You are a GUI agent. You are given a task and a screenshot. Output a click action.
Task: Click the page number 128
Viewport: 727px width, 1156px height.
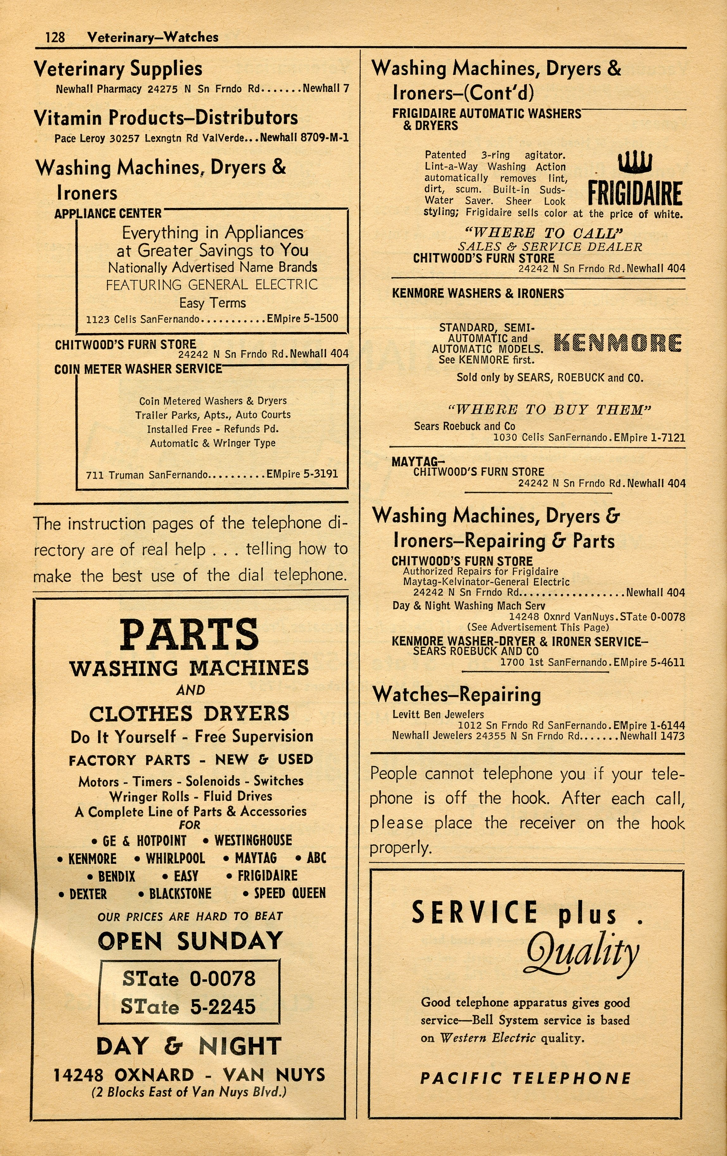pyautogui.click(x=55, y=37)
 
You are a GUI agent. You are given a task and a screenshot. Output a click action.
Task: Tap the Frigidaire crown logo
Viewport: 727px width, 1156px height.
pyautogui.click(x=635, y=162)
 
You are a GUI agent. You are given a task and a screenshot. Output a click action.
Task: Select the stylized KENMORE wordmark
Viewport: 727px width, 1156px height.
pyautogui.click(x=618, y=343)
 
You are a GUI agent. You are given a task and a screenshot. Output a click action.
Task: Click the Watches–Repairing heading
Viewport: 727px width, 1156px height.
pyautogui.click(x=457, y=694)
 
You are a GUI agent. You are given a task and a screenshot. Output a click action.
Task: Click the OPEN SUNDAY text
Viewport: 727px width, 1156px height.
pyautogui.click(x=190, y=941)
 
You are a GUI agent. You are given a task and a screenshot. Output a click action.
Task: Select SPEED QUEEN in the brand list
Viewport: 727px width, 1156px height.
pyautogui.click(x=289, y=893)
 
